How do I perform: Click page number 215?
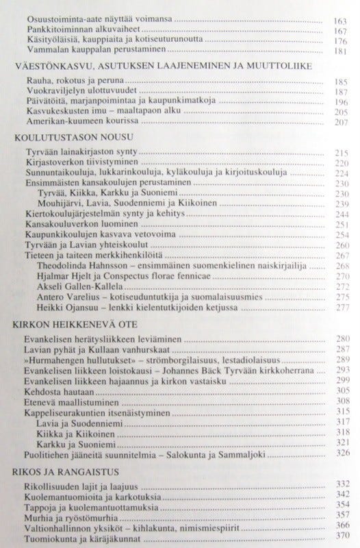pos(340,151)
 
